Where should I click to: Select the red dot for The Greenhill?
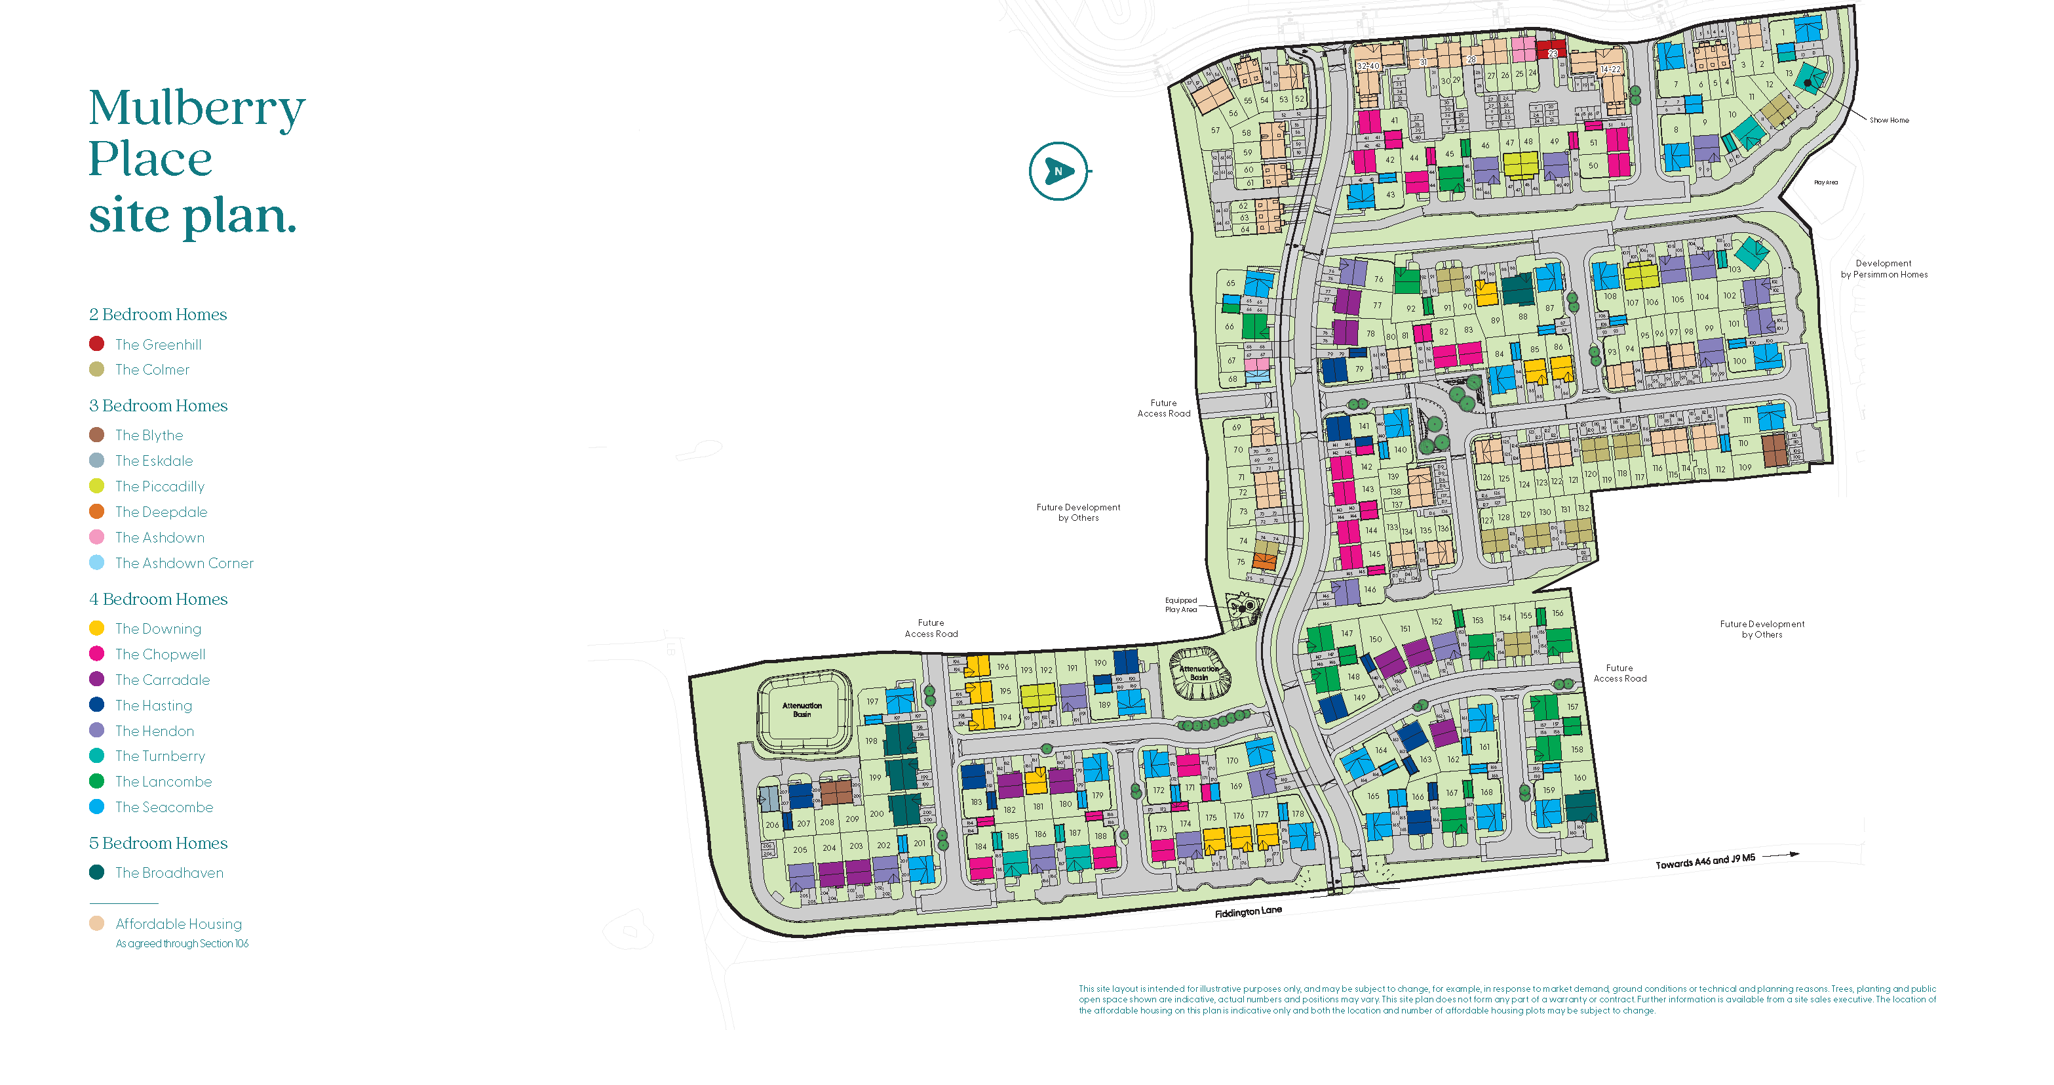[96, 344]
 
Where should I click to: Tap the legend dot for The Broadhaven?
[96, 872]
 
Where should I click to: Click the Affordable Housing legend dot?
[96, 923]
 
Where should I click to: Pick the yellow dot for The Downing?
[96, 628]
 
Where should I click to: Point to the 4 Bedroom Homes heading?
[158, 598]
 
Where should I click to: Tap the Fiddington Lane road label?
[1248, 911]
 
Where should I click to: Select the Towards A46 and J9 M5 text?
[1705, 861]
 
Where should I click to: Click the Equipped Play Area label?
[1181, 605]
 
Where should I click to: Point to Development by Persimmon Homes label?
[1884, 269]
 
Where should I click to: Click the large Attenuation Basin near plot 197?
[802, 710]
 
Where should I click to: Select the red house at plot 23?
[1552, 49]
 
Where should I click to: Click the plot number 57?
[1215, 130]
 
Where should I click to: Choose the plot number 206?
[772, 825]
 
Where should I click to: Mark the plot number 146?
[1370, 590]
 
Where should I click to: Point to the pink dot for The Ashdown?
[96, 537]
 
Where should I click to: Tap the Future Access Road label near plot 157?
[1619, 673]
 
